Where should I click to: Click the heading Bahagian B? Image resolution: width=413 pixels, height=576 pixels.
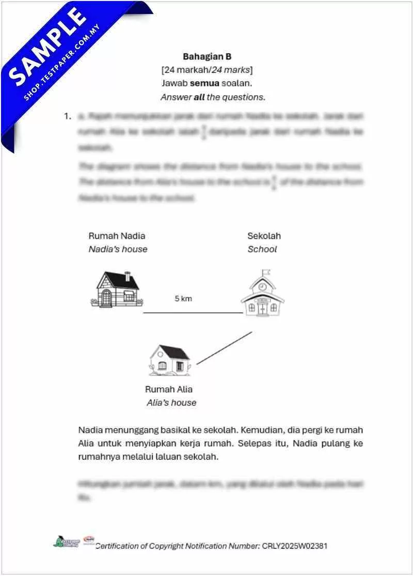[x=206, y=56]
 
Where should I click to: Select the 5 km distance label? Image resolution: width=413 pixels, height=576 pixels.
[x=183, y=299]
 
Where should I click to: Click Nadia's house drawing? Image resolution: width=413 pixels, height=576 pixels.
[x=118, y=289]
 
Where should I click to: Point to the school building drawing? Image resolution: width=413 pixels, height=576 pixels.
[x=262, y=295]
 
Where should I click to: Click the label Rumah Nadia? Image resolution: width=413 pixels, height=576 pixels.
[x=117, y=236]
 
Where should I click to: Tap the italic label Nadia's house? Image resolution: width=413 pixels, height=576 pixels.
[x=118, y=249]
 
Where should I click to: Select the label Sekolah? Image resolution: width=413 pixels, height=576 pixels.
[x=264, y=236]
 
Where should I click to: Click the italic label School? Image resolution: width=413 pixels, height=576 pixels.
[x=262, y=249]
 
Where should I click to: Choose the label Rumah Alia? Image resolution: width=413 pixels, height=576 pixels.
[x=168, y=389]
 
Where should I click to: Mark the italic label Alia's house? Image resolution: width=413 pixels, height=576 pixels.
[x=171, y=403]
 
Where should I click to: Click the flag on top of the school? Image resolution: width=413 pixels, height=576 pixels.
[x=266, y=272]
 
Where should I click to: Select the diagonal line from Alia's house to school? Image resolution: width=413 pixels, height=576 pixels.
[x=224, y=348]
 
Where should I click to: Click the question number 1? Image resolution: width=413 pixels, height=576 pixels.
[x=67, y=116]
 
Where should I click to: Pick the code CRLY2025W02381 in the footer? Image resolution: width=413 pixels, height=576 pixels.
[x=294, y=546]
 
